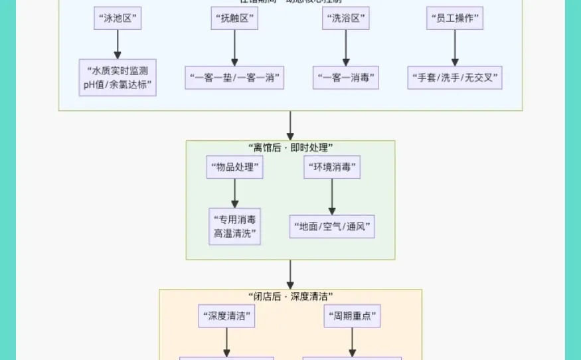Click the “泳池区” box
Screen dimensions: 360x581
tap(118, 18)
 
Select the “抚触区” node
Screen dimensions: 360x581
tap(234, 18)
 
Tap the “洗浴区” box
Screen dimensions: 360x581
tap(345, 18)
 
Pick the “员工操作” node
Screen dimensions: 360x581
tap(455, 18)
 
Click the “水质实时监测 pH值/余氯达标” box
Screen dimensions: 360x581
tap(118, 78)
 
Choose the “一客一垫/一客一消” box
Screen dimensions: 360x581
tap(234, 77)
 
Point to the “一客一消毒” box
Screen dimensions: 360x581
tap(345, 77)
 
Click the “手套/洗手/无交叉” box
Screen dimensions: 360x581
tap(455, 77)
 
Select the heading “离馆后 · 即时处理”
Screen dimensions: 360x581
tap(290, 147)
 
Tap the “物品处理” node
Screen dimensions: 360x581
tap(234, 167)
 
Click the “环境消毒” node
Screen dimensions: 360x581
tap(332, 167)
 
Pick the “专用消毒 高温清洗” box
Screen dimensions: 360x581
tap(234, 226)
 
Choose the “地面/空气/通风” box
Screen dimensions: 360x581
tap(332, 226)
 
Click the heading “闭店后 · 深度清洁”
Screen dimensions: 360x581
tap(290, 296)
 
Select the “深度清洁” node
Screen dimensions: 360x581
tap(226, 316)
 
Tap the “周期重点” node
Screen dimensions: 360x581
tap(352, 316)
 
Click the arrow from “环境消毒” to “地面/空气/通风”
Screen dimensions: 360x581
tap(332, 196)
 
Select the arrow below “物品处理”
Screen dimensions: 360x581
tap(234, 193)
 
